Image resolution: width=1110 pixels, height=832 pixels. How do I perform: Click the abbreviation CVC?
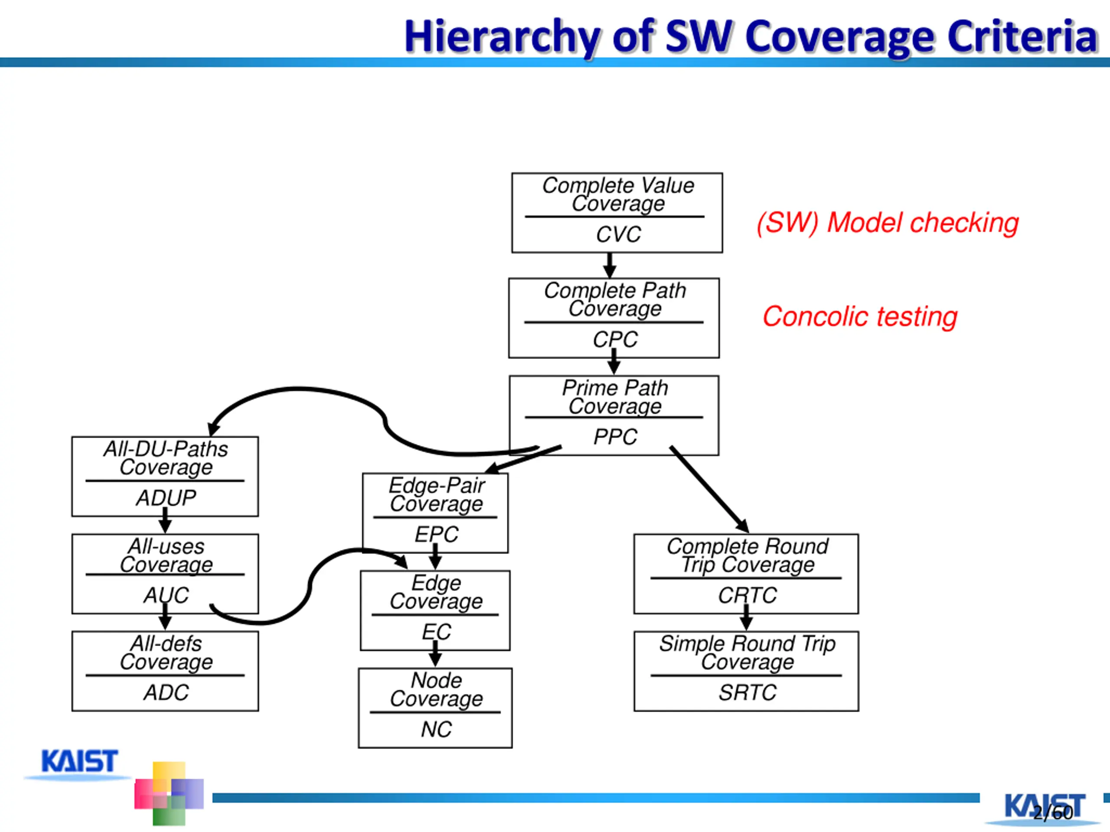click(618, 234)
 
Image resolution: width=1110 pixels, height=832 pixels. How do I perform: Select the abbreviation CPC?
click(615, 340)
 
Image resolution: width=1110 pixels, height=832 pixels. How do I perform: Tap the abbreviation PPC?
click(615, 437)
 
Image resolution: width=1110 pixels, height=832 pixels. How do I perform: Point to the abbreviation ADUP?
click(166, 498)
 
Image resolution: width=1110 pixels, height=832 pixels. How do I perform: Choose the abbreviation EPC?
click(436, 534)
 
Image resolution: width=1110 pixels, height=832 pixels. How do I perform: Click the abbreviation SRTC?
click(747, 692)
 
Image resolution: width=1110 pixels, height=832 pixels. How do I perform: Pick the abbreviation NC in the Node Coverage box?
click(436, 729)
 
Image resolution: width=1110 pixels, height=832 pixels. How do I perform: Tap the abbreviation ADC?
click(166, 692)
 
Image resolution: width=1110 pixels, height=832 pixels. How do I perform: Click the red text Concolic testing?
click(859, 317)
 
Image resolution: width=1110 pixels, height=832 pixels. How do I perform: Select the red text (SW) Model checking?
click(888, 223)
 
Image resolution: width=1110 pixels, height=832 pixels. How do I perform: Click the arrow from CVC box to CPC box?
click(610, 265)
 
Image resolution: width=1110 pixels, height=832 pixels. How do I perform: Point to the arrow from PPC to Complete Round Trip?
click(709, 489)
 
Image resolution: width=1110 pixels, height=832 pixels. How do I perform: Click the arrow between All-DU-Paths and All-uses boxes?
click(165, 520)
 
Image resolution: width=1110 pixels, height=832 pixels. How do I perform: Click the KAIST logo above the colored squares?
click(79, 762)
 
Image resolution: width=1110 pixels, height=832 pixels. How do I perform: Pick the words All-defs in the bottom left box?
click(166, 643)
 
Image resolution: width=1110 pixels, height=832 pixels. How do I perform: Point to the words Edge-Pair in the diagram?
click(437, 485)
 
